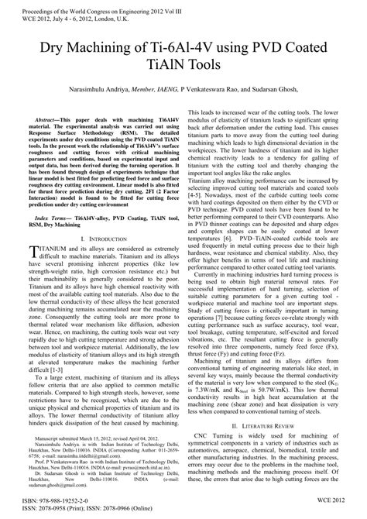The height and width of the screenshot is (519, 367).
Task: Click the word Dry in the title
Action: tap(43, 50)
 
